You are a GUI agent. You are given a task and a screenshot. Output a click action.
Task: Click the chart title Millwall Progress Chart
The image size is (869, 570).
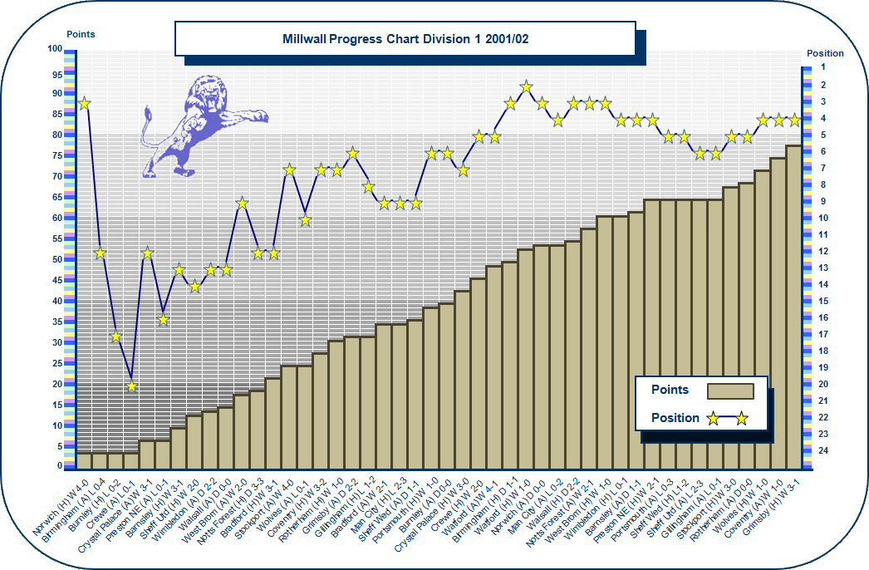(405, 39)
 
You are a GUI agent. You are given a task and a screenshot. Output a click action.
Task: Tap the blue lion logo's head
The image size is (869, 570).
(208, 95)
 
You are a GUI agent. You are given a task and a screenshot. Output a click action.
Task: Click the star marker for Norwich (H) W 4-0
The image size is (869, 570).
(84, 104)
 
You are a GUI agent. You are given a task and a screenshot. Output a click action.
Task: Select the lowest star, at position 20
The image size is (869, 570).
(131, 386)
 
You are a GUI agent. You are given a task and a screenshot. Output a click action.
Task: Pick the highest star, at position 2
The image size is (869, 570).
(526, 86)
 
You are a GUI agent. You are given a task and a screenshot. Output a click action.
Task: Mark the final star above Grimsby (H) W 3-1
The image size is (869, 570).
(793, 120)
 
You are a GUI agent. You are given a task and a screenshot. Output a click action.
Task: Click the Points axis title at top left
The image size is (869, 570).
(81, 35)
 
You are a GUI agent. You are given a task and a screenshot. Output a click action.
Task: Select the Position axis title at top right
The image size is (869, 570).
(825, 53)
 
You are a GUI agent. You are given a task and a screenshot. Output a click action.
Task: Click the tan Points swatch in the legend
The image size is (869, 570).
(729, 391)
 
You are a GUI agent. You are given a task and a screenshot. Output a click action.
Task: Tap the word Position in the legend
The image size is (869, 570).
(675, 418)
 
